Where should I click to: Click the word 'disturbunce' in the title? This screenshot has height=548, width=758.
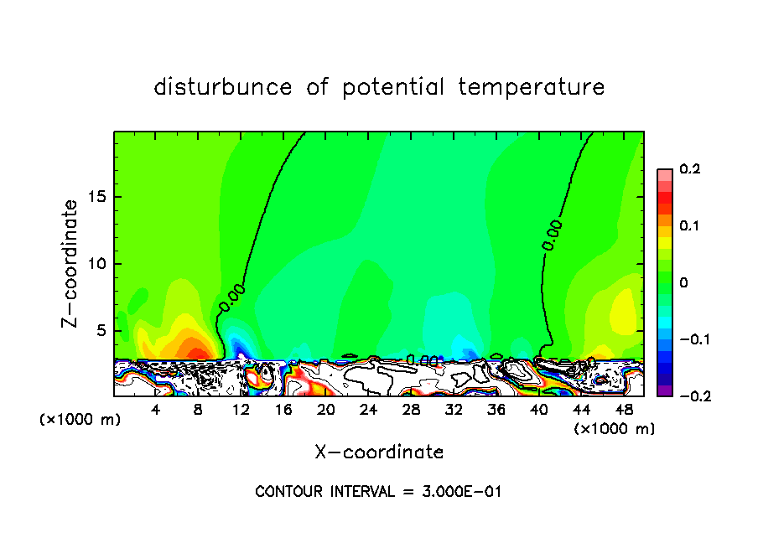pos(223,87)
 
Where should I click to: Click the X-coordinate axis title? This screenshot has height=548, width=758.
pos(379,452)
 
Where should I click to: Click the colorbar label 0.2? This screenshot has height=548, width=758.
pos(689,169)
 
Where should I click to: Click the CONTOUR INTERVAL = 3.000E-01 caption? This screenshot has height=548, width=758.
pos(378,492)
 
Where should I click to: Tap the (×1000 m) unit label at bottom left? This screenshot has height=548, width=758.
pos(80,420)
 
